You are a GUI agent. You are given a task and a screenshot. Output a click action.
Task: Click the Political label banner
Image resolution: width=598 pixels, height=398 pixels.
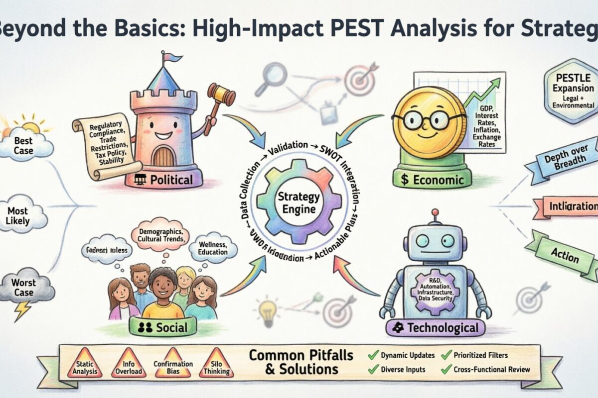tap(164, 180)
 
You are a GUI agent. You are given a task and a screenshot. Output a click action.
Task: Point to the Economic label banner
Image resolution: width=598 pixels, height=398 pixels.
tap(432, 180)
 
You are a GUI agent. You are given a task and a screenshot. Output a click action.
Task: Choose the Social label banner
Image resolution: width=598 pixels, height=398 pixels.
tap(162, 327)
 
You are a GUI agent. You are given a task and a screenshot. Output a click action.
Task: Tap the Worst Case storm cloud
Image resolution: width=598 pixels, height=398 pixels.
tap(24, 288)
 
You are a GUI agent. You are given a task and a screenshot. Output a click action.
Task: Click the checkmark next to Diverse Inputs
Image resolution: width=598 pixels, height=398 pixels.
tap(373, 370)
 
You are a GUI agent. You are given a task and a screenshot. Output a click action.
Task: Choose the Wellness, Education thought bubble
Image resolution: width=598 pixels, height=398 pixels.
tap(212, 247)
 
